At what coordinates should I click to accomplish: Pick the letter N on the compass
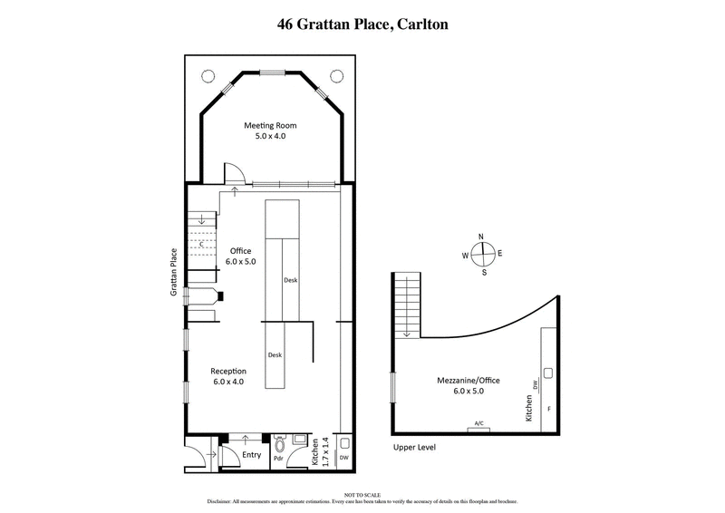click(482, 237)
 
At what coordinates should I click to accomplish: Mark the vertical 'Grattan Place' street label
click(172, 276)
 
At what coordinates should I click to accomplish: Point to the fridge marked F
click(548, 409)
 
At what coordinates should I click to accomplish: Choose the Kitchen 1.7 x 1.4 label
click(319, 451)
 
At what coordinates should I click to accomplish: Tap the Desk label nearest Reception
click(275, 355)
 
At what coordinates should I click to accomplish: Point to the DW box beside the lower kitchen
click(343, 458)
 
